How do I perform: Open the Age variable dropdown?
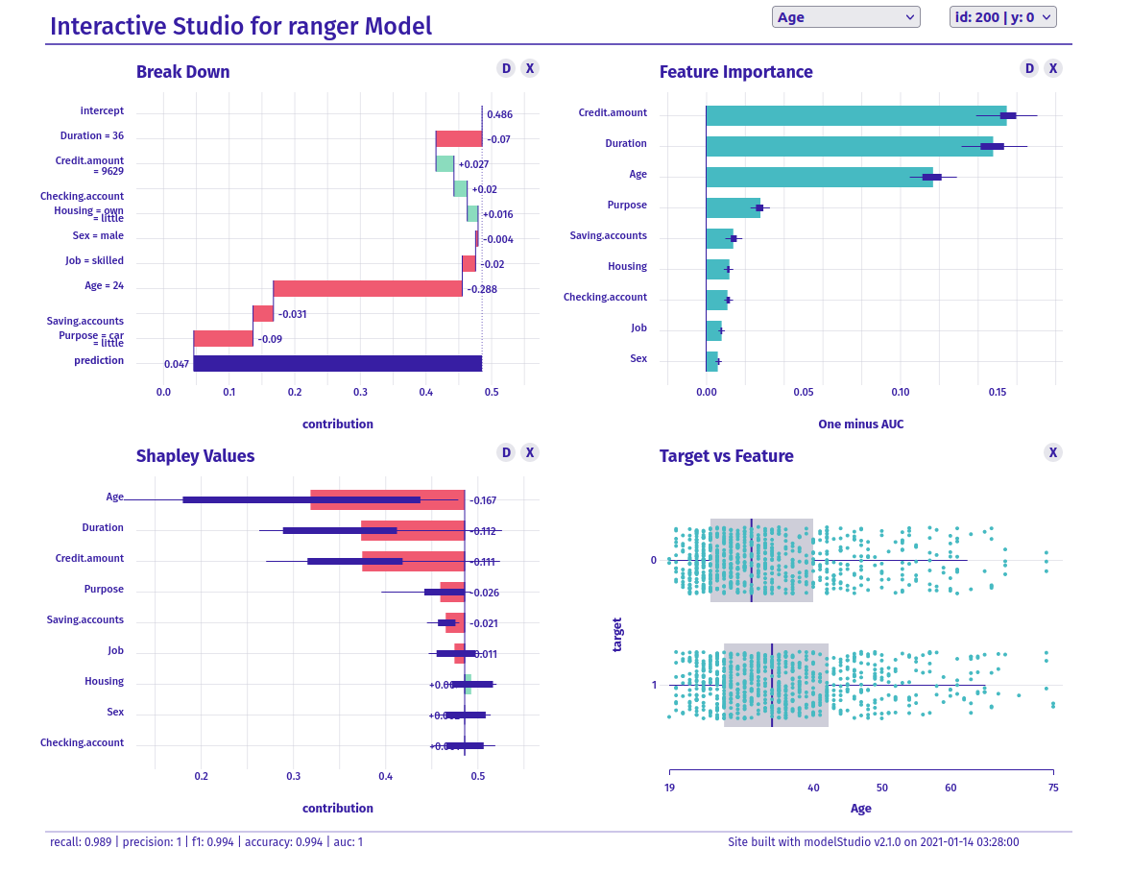point(845,17)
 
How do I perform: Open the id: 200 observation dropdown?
point(1002,17)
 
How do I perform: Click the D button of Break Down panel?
point(506,68)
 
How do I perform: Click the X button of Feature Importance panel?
point(1053,68)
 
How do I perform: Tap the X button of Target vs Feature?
point(1053,452)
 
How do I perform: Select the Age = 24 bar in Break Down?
point(367,288)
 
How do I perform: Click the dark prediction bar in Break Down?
point(337,363)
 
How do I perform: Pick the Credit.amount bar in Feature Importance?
point(855,115)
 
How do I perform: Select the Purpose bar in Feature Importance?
point(733,207)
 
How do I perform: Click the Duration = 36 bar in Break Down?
point(459,139)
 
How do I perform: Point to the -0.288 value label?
point(482,289)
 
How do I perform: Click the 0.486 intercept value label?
point(499,115)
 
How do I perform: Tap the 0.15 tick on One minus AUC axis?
point(998,392)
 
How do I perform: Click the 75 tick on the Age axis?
point(1053,788)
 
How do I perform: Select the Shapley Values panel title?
point(195,456)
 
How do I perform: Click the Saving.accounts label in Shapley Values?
point(84,619)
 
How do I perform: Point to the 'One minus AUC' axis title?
point(860,424)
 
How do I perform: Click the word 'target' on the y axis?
point(617,634)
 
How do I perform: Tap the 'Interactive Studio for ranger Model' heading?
point(240,26)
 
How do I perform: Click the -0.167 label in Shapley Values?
point(483,500)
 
